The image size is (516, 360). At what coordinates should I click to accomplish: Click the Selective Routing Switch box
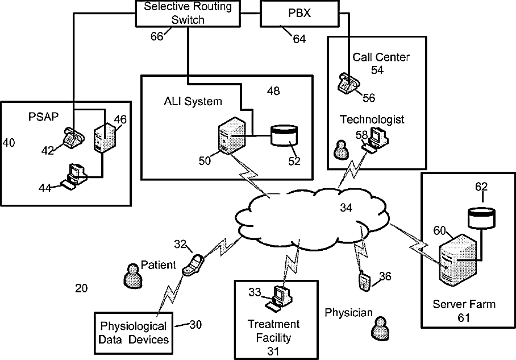coord(188,13)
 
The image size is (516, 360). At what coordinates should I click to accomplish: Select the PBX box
coord(299,13)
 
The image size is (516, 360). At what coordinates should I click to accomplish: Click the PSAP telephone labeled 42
coord(73,138)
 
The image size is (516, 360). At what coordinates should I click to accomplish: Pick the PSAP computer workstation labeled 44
coord(74,176)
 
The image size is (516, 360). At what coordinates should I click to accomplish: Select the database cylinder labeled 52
coord(284,135)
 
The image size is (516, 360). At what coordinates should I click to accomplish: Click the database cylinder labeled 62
coord(481,217)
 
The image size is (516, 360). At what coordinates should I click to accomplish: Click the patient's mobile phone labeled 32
coord(193,264)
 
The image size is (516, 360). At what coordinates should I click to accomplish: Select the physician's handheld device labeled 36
coord(365,281)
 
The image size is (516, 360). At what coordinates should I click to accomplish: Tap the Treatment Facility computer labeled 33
coord(280,298)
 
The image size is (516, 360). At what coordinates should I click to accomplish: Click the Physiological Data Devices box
coord(134,333)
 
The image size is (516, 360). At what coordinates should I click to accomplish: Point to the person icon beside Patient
coord(133,276)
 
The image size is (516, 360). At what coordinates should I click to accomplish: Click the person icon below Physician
coord(381,328)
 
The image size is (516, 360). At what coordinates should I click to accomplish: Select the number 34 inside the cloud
coord(346,208)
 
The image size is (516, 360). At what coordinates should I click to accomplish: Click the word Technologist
coord(372,119)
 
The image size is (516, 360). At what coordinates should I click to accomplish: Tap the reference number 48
coord(273,90)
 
